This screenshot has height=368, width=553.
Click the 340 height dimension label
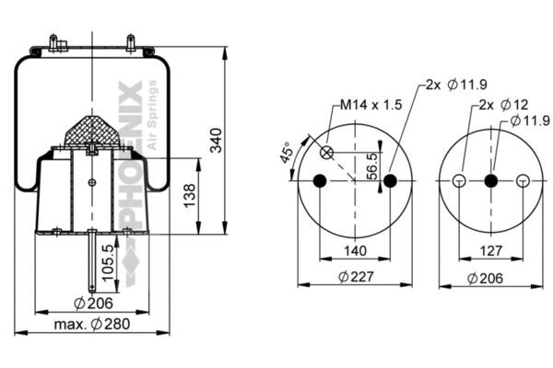coord(217,140)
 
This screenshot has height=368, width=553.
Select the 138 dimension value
coord(189,195)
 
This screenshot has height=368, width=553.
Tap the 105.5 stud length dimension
coord(108,263)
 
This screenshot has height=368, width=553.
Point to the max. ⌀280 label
coord(92,324)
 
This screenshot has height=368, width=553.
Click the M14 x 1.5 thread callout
coord(371,105)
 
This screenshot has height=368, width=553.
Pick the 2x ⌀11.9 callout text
coord(456,85)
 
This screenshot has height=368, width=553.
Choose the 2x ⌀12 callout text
coord(503,105)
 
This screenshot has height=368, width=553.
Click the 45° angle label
coord(287,153)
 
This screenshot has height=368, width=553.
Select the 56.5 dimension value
coord(371,167)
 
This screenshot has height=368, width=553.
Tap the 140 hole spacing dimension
coord(355,251)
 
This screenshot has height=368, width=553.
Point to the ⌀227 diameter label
coord(356,277)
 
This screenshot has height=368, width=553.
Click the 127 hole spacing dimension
coord(491,251)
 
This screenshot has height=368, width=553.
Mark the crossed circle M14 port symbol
coord(326,153)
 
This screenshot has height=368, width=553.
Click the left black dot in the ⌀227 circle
coord(320,180)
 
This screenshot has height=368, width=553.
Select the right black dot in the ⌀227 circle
coord(390,180)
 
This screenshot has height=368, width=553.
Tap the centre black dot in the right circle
coord(491,180)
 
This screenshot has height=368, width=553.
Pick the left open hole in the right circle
coord(459,180)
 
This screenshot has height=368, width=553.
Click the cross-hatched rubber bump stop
coord(92,131)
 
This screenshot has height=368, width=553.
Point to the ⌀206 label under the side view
coord(93,304)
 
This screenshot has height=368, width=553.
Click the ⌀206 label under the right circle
coord(485,279)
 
